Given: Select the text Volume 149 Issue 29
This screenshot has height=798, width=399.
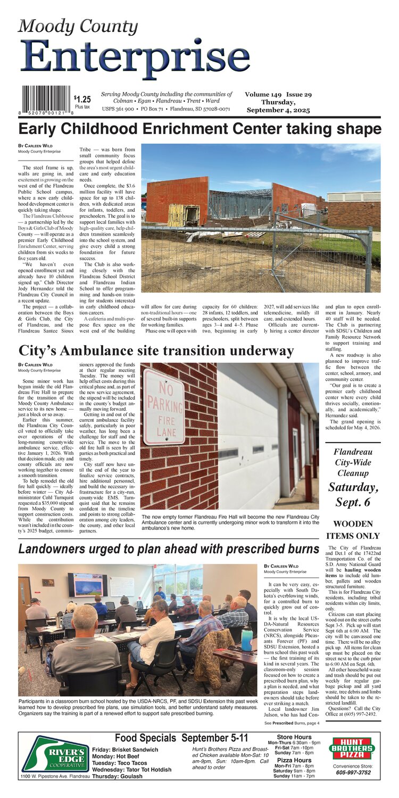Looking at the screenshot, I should (x=293, y=94).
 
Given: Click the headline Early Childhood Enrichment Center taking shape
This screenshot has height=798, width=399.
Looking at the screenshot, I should (x=199, y=129).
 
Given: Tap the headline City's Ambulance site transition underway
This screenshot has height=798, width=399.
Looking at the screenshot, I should (x=156, y=351).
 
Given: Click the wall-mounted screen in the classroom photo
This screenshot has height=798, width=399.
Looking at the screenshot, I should (x=87, y=584).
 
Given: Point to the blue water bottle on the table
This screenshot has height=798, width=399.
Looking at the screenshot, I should (x=246, y=638).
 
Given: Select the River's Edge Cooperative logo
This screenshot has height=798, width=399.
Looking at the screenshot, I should (x=55, y=753).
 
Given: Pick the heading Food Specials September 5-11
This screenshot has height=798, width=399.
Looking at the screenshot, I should (x=181, y=738).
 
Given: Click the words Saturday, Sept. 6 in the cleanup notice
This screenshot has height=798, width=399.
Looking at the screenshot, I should (x=353, y=495).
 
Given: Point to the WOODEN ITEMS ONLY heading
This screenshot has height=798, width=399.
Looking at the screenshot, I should (x=353, y=530).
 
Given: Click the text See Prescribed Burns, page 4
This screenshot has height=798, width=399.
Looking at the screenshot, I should (x=292, y=722).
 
